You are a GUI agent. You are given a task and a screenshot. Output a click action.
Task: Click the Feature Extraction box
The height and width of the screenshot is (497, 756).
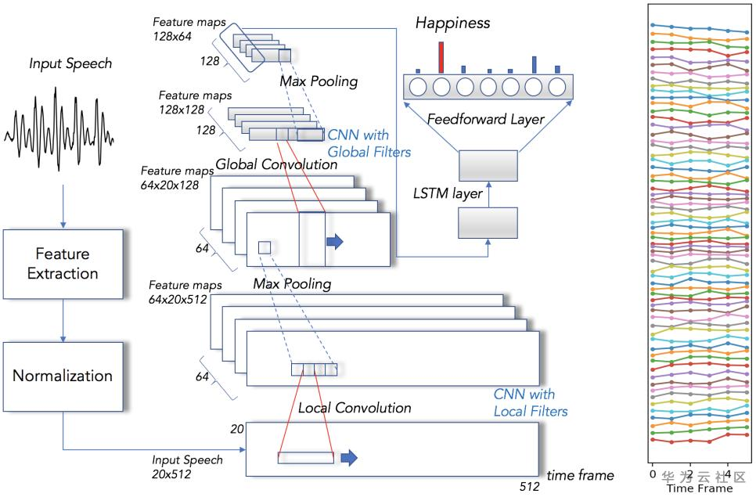63,264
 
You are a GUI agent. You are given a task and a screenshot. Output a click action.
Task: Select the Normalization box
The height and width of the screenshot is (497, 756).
63,376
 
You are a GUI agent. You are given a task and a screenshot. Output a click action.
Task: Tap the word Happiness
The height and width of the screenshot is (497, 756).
453,23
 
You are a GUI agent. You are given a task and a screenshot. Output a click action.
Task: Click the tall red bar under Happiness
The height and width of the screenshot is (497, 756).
441,57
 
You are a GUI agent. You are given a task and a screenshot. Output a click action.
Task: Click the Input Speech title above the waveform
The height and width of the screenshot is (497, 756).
70,63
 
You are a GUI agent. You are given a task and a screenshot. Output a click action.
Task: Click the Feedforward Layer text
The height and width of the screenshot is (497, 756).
487,119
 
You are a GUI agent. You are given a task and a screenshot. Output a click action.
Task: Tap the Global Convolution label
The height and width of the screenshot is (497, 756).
276,164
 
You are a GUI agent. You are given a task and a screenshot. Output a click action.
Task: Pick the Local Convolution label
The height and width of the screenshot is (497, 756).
355,408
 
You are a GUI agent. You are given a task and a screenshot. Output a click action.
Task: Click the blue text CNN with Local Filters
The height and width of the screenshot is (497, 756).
530,402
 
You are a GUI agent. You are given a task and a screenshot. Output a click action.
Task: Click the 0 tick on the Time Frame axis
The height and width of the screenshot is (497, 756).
652,474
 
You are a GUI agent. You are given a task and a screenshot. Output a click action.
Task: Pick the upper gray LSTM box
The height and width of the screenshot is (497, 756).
488,167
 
